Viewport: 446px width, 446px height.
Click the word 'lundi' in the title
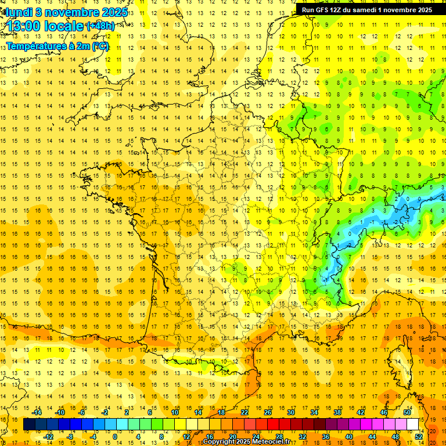(18, 12)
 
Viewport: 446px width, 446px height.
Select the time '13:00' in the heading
(24, 26)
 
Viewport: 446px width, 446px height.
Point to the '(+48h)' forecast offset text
(100, 26)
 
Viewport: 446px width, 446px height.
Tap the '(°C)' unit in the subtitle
(100, 46)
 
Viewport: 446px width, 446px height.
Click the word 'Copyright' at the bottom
(220, 442)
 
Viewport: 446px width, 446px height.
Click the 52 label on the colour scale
(419, 437)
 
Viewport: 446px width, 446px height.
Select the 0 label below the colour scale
(115, 437)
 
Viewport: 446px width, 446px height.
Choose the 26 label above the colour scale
(268, 412)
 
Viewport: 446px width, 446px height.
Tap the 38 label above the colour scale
(337, 412)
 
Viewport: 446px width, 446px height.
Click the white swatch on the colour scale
(413, 425)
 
